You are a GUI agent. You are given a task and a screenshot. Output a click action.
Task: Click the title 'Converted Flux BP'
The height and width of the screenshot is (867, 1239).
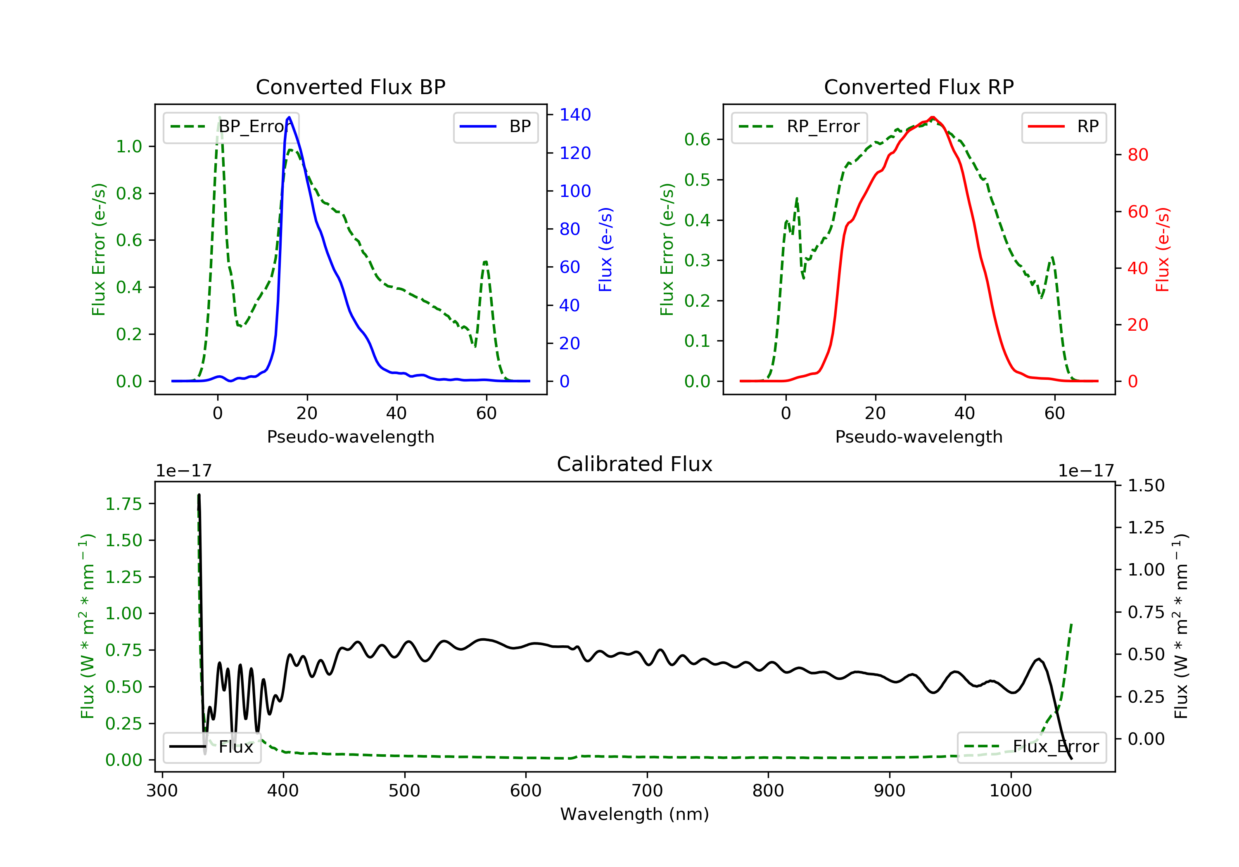pyautogui.click(x=350, y=87)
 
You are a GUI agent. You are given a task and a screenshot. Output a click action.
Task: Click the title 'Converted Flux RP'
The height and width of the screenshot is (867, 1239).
pyautogui.click(x=919, y=87)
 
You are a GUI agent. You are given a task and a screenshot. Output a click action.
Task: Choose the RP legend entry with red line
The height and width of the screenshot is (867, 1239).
pyautogui.click(x=1063, y=127)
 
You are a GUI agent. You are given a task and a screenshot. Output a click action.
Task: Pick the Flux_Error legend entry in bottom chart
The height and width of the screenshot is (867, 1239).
pyautogui.click(x=1031, y=747)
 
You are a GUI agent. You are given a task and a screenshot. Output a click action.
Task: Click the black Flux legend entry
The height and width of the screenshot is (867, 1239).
pyautogui.click(x=212, y=747)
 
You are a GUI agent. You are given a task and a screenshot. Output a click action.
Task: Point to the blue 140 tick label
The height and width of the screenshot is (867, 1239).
pyautogui.click(x=575, y=114)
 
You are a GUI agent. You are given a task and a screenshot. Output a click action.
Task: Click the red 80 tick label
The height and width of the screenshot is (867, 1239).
pyautogui.click(x=1137, y=155)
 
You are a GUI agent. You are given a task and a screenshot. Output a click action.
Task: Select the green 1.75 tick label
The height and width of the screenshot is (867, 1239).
pyautogui.click(x=123, y=504)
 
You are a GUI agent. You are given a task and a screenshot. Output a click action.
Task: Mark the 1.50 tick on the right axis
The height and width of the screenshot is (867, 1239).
pyautogui.click(x=1146, y=486)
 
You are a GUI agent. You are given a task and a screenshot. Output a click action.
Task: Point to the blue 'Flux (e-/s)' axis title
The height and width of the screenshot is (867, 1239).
pyautogui.click(x=605, y=249)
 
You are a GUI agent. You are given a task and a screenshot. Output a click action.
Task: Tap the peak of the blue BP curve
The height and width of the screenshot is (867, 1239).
pyautogui.click(x=289, y=117)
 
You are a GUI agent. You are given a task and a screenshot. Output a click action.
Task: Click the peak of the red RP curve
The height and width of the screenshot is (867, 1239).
pyautogui.click(x=933, y=117)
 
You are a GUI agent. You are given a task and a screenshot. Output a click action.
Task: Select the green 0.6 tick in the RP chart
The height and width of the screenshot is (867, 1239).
pyautogui.click(x=697, y=140)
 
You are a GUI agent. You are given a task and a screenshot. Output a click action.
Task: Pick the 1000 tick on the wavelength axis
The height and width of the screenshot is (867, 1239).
pyautogui.click(x=1010, y=791)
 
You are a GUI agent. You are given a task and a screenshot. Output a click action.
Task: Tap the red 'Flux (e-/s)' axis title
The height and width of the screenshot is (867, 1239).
pyautogui.click(x=1162, y=249)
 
